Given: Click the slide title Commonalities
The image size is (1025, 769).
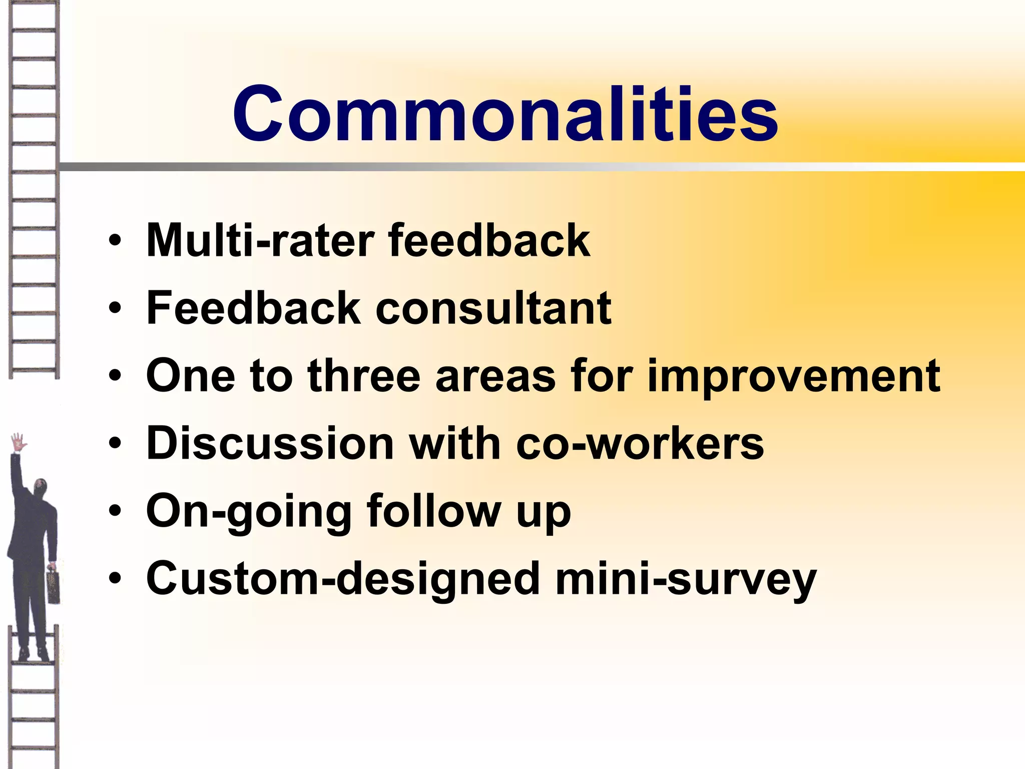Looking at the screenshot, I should coord(504,114).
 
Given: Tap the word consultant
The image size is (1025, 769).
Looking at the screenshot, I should coord(493,308).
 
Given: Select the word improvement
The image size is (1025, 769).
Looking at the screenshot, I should coord(793,376).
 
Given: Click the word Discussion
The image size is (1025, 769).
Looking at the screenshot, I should coord(270,444).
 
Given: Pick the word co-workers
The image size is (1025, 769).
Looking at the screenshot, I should coord(640,444).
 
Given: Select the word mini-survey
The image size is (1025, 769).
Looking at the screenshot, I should coord(686,579).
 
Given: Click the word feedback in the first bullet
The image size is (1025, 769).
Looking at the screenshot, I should coord(489,241).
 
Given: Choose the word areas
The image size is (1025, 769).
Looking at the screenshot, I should coord(495,376).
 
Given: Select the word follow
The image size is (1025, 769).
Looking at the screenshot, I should coord(433,512).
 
